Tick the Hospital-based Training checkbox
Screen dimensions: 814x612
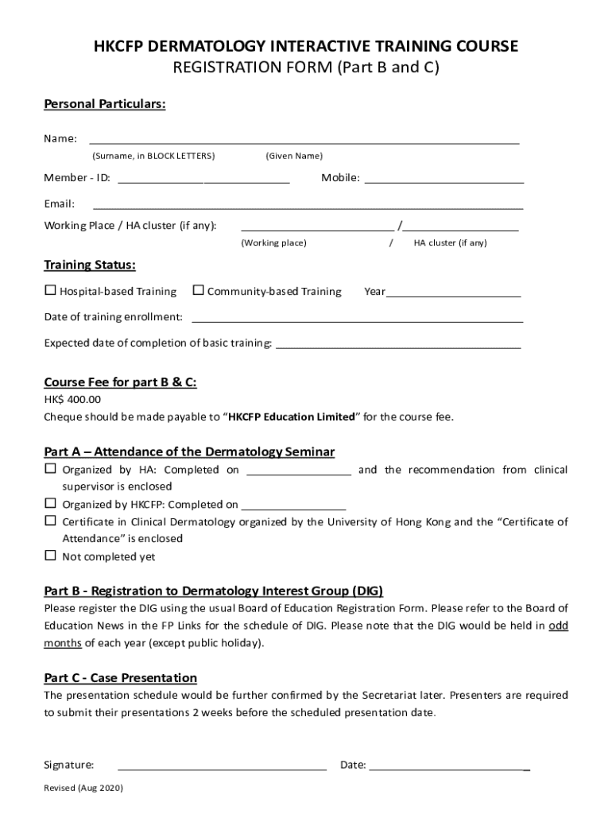50,291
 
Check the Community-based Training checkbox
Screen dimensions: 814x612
199,291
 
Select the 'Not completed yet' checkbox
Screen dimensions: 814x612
50,556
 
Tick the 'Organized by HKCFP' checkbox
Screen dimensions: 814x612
50,503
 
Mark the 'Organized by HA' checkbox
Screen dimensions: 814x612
50,469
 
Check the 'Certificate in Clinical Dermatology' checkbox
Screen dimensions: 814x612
50,521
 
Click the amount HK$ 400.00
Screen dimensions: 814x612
72,400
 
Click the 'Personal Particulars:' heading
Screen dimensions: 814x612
105,105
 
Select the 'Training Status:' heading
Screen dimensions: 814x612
90,265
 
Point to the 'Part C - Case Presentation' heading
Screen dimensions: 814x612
120,678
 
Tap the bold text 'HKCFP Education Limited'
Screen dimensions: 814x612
292,417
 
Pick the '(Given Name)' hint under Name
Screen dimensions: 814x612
294,156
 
